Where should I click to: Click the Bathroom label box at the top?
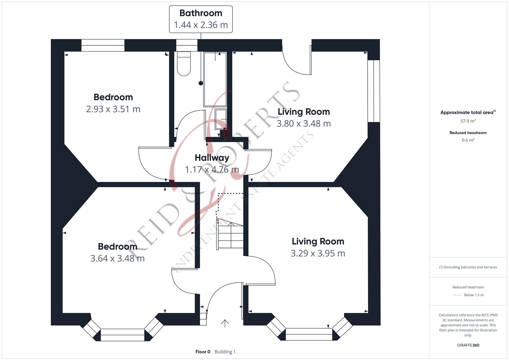201,19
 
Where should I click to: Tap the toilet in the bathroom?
184,64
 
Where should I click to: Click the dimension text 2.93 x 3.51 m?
113,109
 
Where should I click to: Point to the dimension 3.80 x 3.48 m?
304,124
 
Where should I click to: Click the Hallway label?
212,157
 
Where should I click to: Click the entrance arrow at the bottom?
225,323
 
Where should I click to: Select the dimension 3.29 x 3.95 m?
318,253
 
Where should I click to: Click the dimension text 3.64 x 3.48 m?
117,258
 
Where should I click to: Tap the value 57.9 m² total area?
468,121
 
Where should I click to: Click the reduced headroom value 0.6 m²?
468,140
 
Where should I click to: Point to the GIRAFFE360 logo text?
468,345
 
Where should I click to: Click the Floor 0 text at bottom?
203,352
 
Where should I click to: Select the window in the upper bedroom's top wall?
103,45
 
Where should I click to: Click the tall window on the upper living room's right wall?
374,91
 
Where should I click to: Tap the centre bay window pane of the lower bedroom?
122,335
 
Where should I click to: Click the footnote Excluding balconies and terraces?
468,267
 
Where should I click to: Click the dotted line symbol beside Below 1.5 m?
457,295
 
